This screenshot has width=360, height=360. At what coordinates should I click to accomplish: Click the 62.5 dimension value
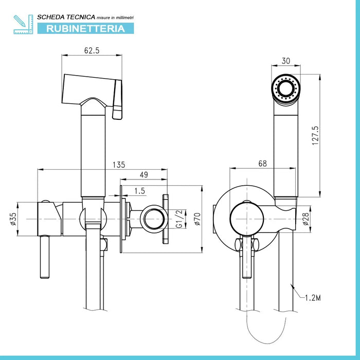pos(92,51)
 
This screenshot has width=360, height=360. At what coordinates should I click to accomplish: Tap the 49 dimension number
pos(143,175)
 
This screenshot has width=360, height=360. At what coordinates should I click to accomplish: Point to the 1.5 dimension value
pos(139,191)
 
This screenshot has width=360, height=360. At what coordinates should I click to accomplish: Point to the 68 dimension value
pos(262,164)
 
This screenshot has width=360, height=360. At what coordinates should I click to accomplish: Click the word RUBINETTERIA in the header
pos(85,28)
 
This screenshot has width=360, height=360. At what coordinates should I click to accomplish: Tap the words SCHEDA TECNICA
pos(57,17)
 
